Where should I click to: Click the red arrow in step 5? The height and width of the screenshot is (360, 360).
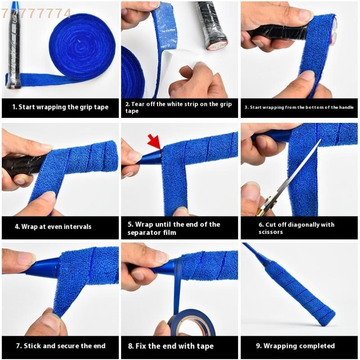(154, 141)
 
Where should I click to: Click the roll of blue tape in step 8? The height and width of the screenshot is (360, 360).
(192, 322)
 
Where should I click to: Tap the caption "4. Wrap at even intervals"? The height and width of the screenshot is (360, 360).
(53, 226)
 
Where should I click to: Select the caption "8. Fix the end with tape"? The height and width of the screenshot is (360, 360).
(171, 346)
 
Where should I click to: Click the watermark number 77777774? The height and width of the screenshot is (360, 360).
(36, 13)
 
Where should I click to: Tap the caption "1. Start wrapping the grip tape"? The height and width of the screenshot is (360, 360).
(60, 107)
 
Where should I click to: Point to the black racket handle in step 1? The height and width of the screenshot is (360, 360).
(13, 49)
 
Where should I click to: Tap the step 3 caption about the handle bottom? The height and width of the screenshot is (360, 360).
(299, 108)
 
